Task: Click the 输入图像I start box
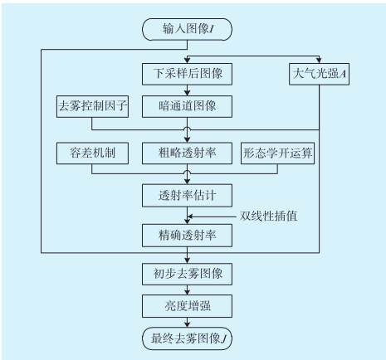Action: tap(187, 29)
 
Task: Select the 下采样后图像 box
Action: tap(187, 74)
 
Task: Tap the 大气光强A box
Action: tap(319, 74)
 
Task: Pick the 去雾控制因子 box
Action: tap(92, 106)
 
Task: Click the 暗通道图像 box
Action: tap(187, 106)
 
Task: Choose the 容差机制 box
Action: tap(92, 153)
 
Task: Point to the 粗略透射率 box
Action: tap(187, 153)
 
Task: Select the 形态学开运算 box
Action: tap(277, 153)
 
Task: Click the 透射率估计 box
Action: tap(187, 196)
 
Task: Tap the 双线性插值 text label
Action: tap(268, 216)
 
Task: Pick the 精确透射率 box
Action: tap(187, 236)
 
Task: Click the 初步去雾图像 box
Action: tap(187, 274)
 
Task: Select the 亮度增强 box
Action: tap(187, 306)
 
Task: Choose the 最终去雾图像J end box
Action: tap(187, 338)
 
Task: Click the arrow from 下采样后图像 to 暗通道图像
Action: tap(188, 90)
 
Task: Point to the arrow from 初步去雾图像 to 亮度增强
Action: tap(188, 289)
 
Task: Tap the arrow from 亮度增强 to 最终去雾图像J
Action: tap(188, 323)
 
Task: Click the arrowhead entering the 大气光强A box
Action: tap(319, 61)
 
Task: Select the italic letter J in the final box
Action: tap(223, 339)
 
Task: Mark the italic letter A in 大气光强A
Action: tap(343, 74)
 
